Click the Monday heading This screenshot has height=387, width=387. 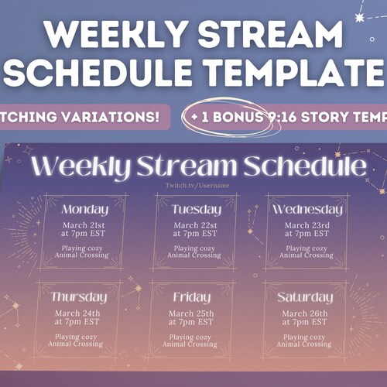coord(84,210)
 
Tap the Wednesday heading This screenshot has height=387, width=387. coord(307,210)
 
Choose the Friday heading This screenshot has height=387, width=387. coord(191,297)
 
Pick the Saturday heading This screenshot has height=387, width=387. coord(305,297)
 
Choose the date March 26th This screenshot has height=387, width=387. coord(304,313)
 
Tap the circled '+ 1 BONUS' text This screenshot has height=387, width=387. coord(225,116)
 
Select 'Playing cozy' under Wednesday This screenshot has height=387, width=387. coord(307,248)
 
